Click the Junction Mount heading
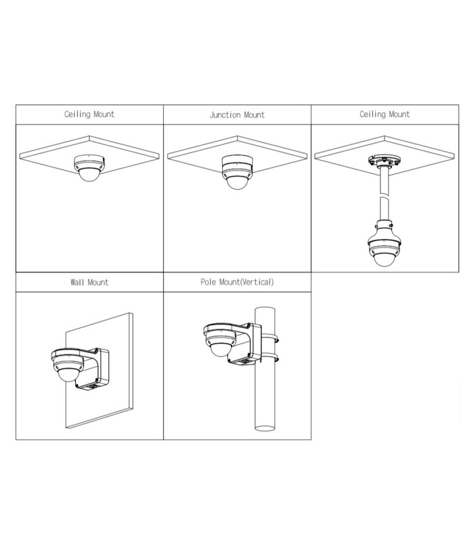pyautogui.click(x=237, y=114)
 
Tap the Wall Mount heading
pyautogui.click(x=89, y=282)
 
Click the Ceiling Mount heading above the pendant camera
pyautogui.click(x=385, y=114)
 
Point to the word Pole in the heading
pyautogui.click(x=209, y=282)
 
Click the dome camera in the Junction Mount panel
pyautogui.click(x=237, y=172)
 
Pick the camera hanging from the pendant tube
pyautogui.click(x=384, y=251)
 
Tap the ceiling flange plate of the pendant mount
pyautogui.click(x=384, y=161)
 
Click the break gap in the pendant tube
pyautogui.click(x=384, y=195)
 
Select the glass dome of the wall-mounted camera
pyautogui.click(x=68, y=375)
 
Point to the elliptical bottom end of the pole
pyautogui.click(x=265, y=428)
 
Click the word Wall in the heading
pyautogui.click(x=77, y=282)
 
